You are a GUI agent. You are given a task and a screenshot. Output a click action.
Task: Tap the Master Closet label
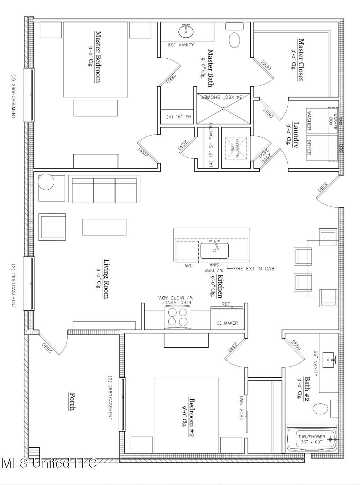pyautogui.click(x=300, y=60)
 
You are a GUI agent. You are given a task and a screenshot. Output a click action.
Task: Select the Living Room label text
pyautogui.click(x=105, y=279)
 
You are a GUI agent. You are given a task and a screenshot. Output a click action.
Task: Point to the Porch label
pyautogui.click(x=72, y=401)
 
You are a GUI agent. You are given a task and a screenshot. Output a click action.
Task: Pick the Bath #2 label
pyautogui.click(x=307, y=388)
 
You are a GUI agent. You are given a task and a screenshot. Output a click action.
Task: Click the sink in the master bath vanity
pyautogui.click(x=186, y=32)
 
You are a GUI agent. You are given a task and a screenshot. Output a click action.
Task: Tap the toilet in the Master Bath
pyautogui.click(x=235, y=39)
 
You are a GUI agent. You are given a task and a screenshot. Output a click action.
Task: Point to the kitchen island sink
pyautogui.click(x=214, y=251)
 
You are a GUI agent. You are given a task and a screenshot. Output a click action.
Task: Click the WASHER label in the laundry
pyautogui.click(x=309, y=121)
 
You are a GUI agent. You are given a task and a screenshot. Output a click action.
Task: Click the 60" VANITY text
pyautogui.click(x=181, y=45)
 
